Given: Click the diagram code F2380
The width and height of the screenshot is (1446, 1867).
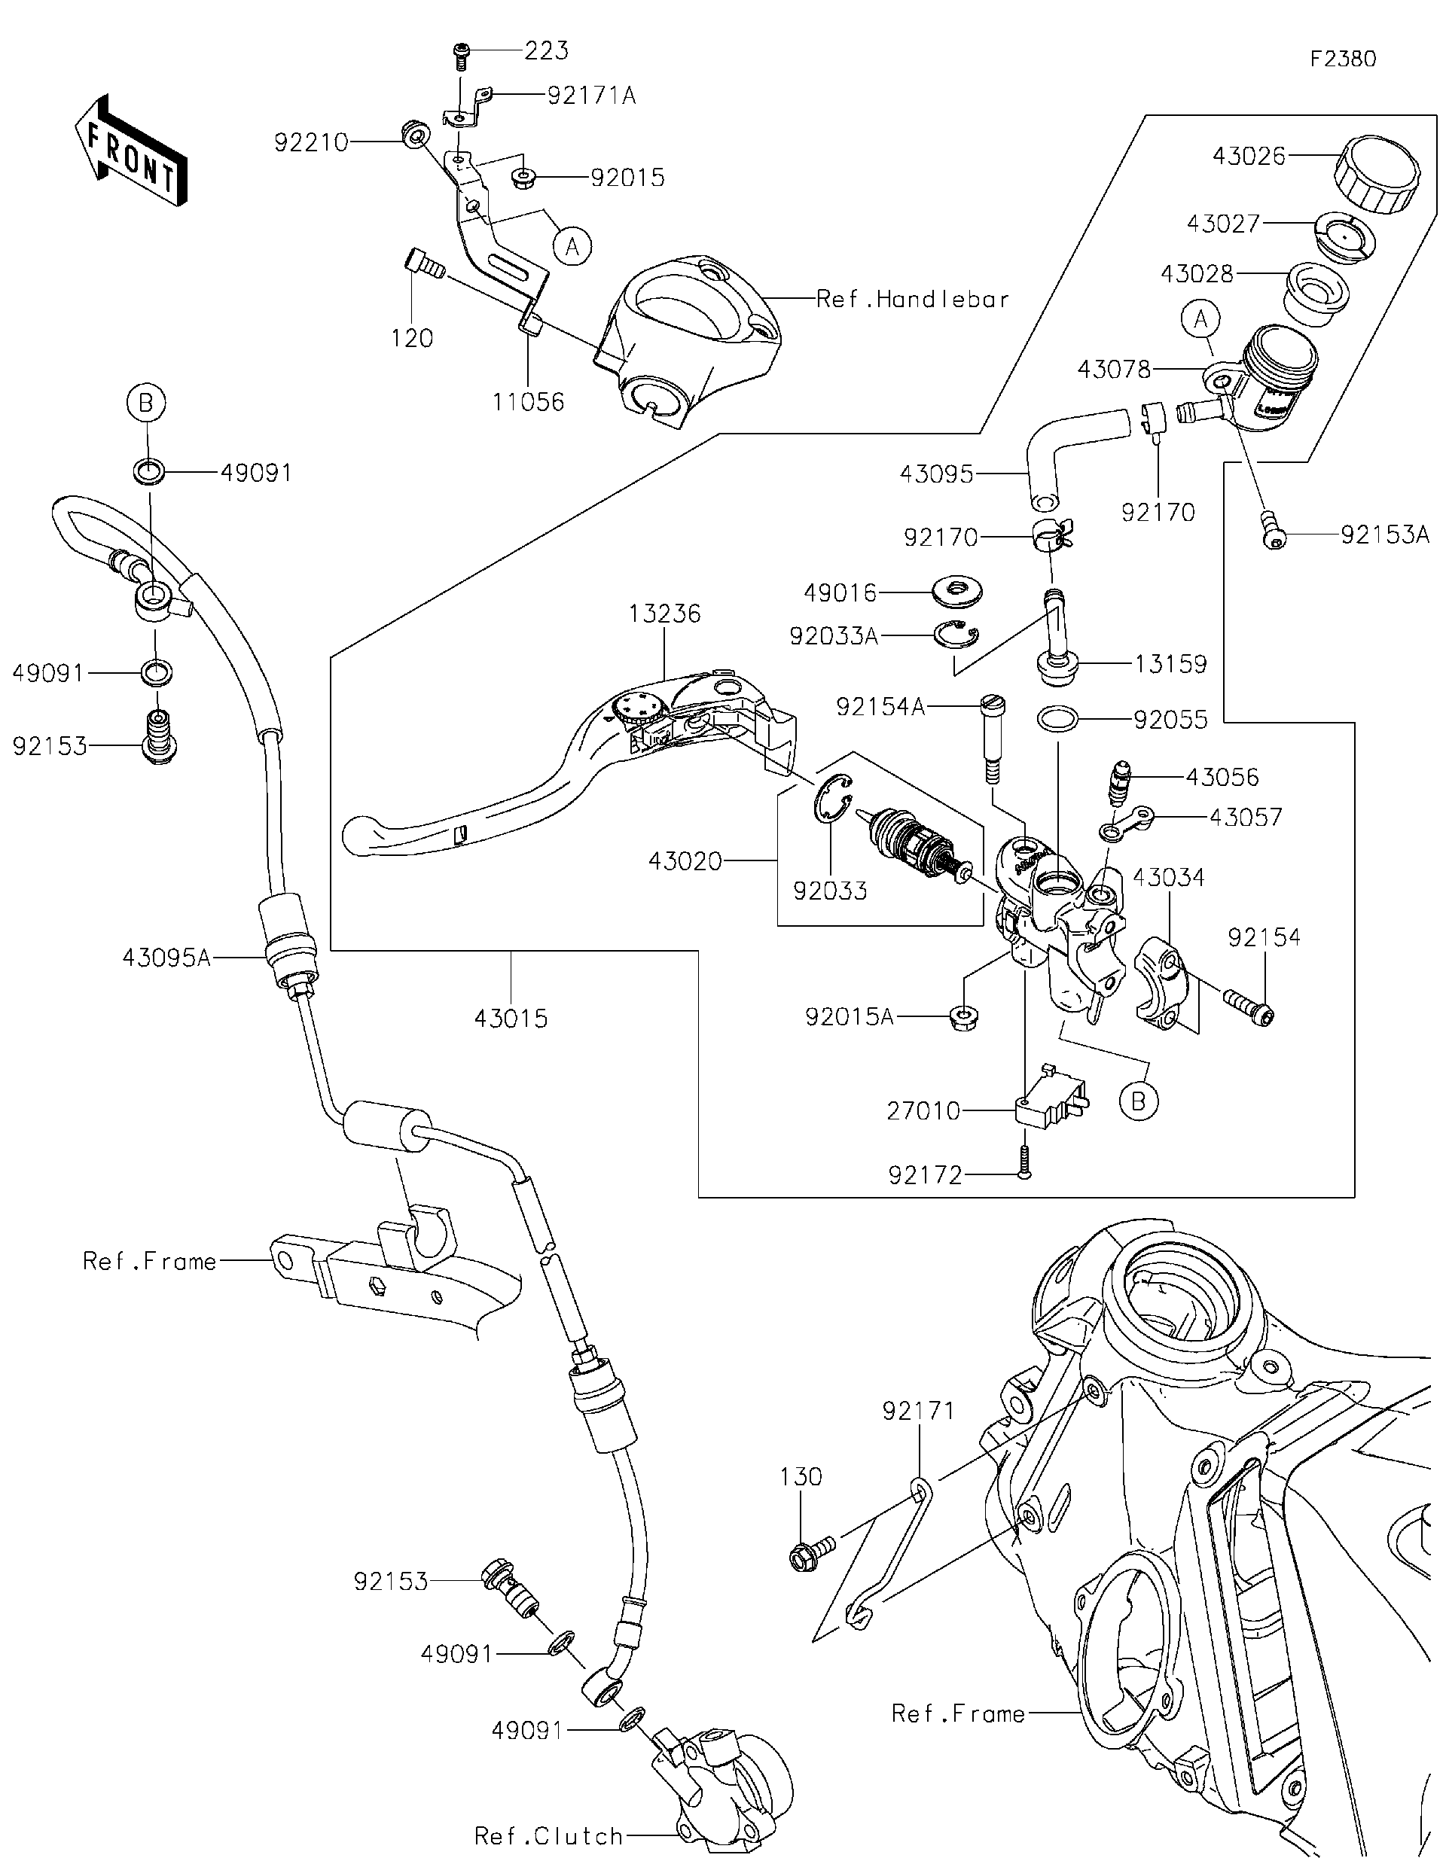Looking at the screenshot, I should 1343,59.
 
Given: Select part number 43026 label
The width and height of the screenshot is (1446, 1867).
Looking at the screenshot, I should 1249,156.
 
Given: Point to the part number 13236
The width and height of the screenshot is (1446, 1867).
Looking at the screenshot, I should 664,614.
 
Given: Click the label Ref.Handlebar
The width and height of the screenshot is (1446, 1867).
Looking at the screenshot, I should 912,299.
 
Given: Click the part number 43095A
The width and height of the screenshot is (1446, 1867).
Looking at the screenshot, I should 166,958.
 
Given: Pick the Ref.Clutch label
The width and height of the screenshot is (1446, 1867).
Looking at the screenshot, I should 548,1836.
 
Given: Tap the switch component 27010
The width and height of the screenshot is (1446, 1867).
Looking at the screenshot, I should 1049,1101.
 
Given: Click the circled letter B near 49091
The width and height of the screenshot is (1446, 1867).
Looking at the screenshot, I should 146,402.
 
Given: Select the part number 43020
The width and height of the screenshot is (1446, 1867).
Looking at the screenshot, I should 685,860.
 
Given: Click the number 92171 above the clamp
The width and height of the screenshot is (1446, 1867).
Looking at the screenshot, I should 917,1412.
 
